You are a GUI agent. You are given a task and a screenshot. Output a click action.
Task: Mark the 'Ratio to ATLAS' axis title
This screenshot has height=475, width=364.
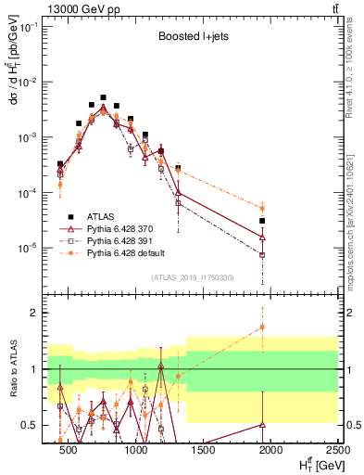[x=13, y=369]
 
